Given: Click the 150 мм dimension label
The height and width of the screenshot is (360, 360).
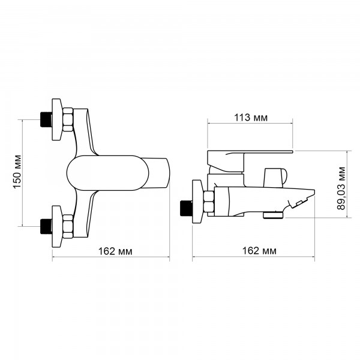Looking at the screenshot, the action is [x=17, y=172].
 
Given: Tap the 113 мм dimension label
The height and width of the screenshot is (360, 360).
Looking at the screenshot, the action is [x=251, y=118].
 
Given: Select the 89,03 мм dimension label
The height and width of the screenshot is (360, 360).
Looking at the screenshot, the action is [x=341, y=188].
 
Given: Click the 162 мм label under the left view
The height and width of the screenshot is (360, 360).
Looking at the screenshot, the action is [x=115, y=251].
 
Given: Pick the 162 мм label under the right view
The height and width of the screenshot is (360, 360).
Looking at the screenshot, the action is [x=259, y=251].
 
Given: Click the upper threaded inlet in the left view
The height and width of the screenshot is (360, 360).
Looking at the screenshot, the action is [x=46, y=119].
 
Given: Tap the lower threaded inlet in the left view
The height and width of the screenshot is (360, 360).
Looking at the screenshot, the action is [x=46, y=226].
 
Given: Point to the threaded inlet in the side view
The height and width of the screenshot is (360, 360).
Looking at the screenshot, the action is [x=186, y=208].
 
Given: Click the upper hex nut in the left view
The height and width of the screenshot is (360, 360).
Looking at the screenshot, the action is [x=67, y=119].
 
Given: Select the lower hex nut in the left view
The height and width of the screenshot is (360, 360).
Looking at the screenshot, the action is [x=67, y=226].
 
